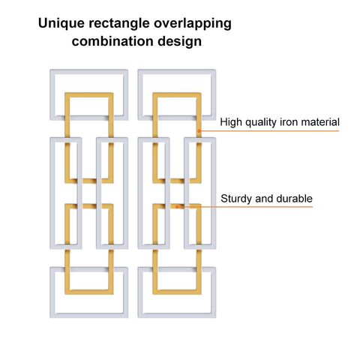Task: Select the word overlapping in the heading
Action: point(193,23)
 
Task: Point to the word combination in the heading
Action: point(112,41)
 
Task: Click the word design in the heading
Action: point(180,42)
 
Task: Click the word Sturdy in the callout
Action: point(237,199)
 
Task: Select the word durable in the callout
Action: point(295,199)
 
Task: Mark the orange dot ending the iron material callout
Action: point(199,130)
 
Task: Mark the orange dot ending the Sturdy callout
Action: point(177,207)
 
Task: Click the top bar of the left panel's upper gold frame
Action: point(89,95)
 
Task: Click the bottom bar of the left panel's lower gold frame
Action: point(89,292)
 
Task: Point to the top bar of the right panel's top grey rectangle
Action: point(177,72)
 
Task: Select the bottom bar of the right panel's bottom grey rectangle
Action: point(177,315)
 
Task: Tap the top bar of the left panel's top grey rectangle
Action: point(89,72)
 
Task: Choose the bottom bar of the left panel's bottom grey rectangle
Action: point(89,315)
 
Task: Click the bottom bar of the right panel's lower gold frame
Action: point(177,292)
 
